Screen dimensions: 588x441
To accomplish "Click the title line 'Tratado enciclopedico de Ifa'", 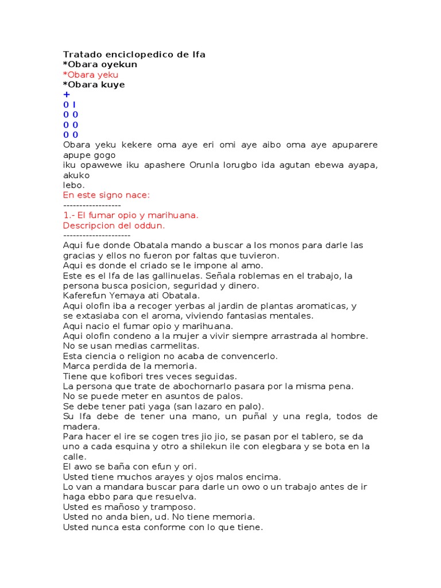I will pyautogui.click(x=134, y=55).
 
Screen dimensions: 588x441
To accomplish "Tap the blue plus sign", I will pyautogui.click(x=67, y=95).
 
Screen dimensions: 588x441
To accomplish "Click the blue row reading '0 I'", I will pyautogui.click(x=69, y=105).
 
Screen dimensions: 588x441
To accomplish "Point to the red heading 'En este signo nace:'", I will pyautogui.click(x=106, y=195).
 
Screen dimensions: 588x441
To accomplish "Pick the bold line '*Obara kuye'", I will pyautogui.click(x=94, y=85).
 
